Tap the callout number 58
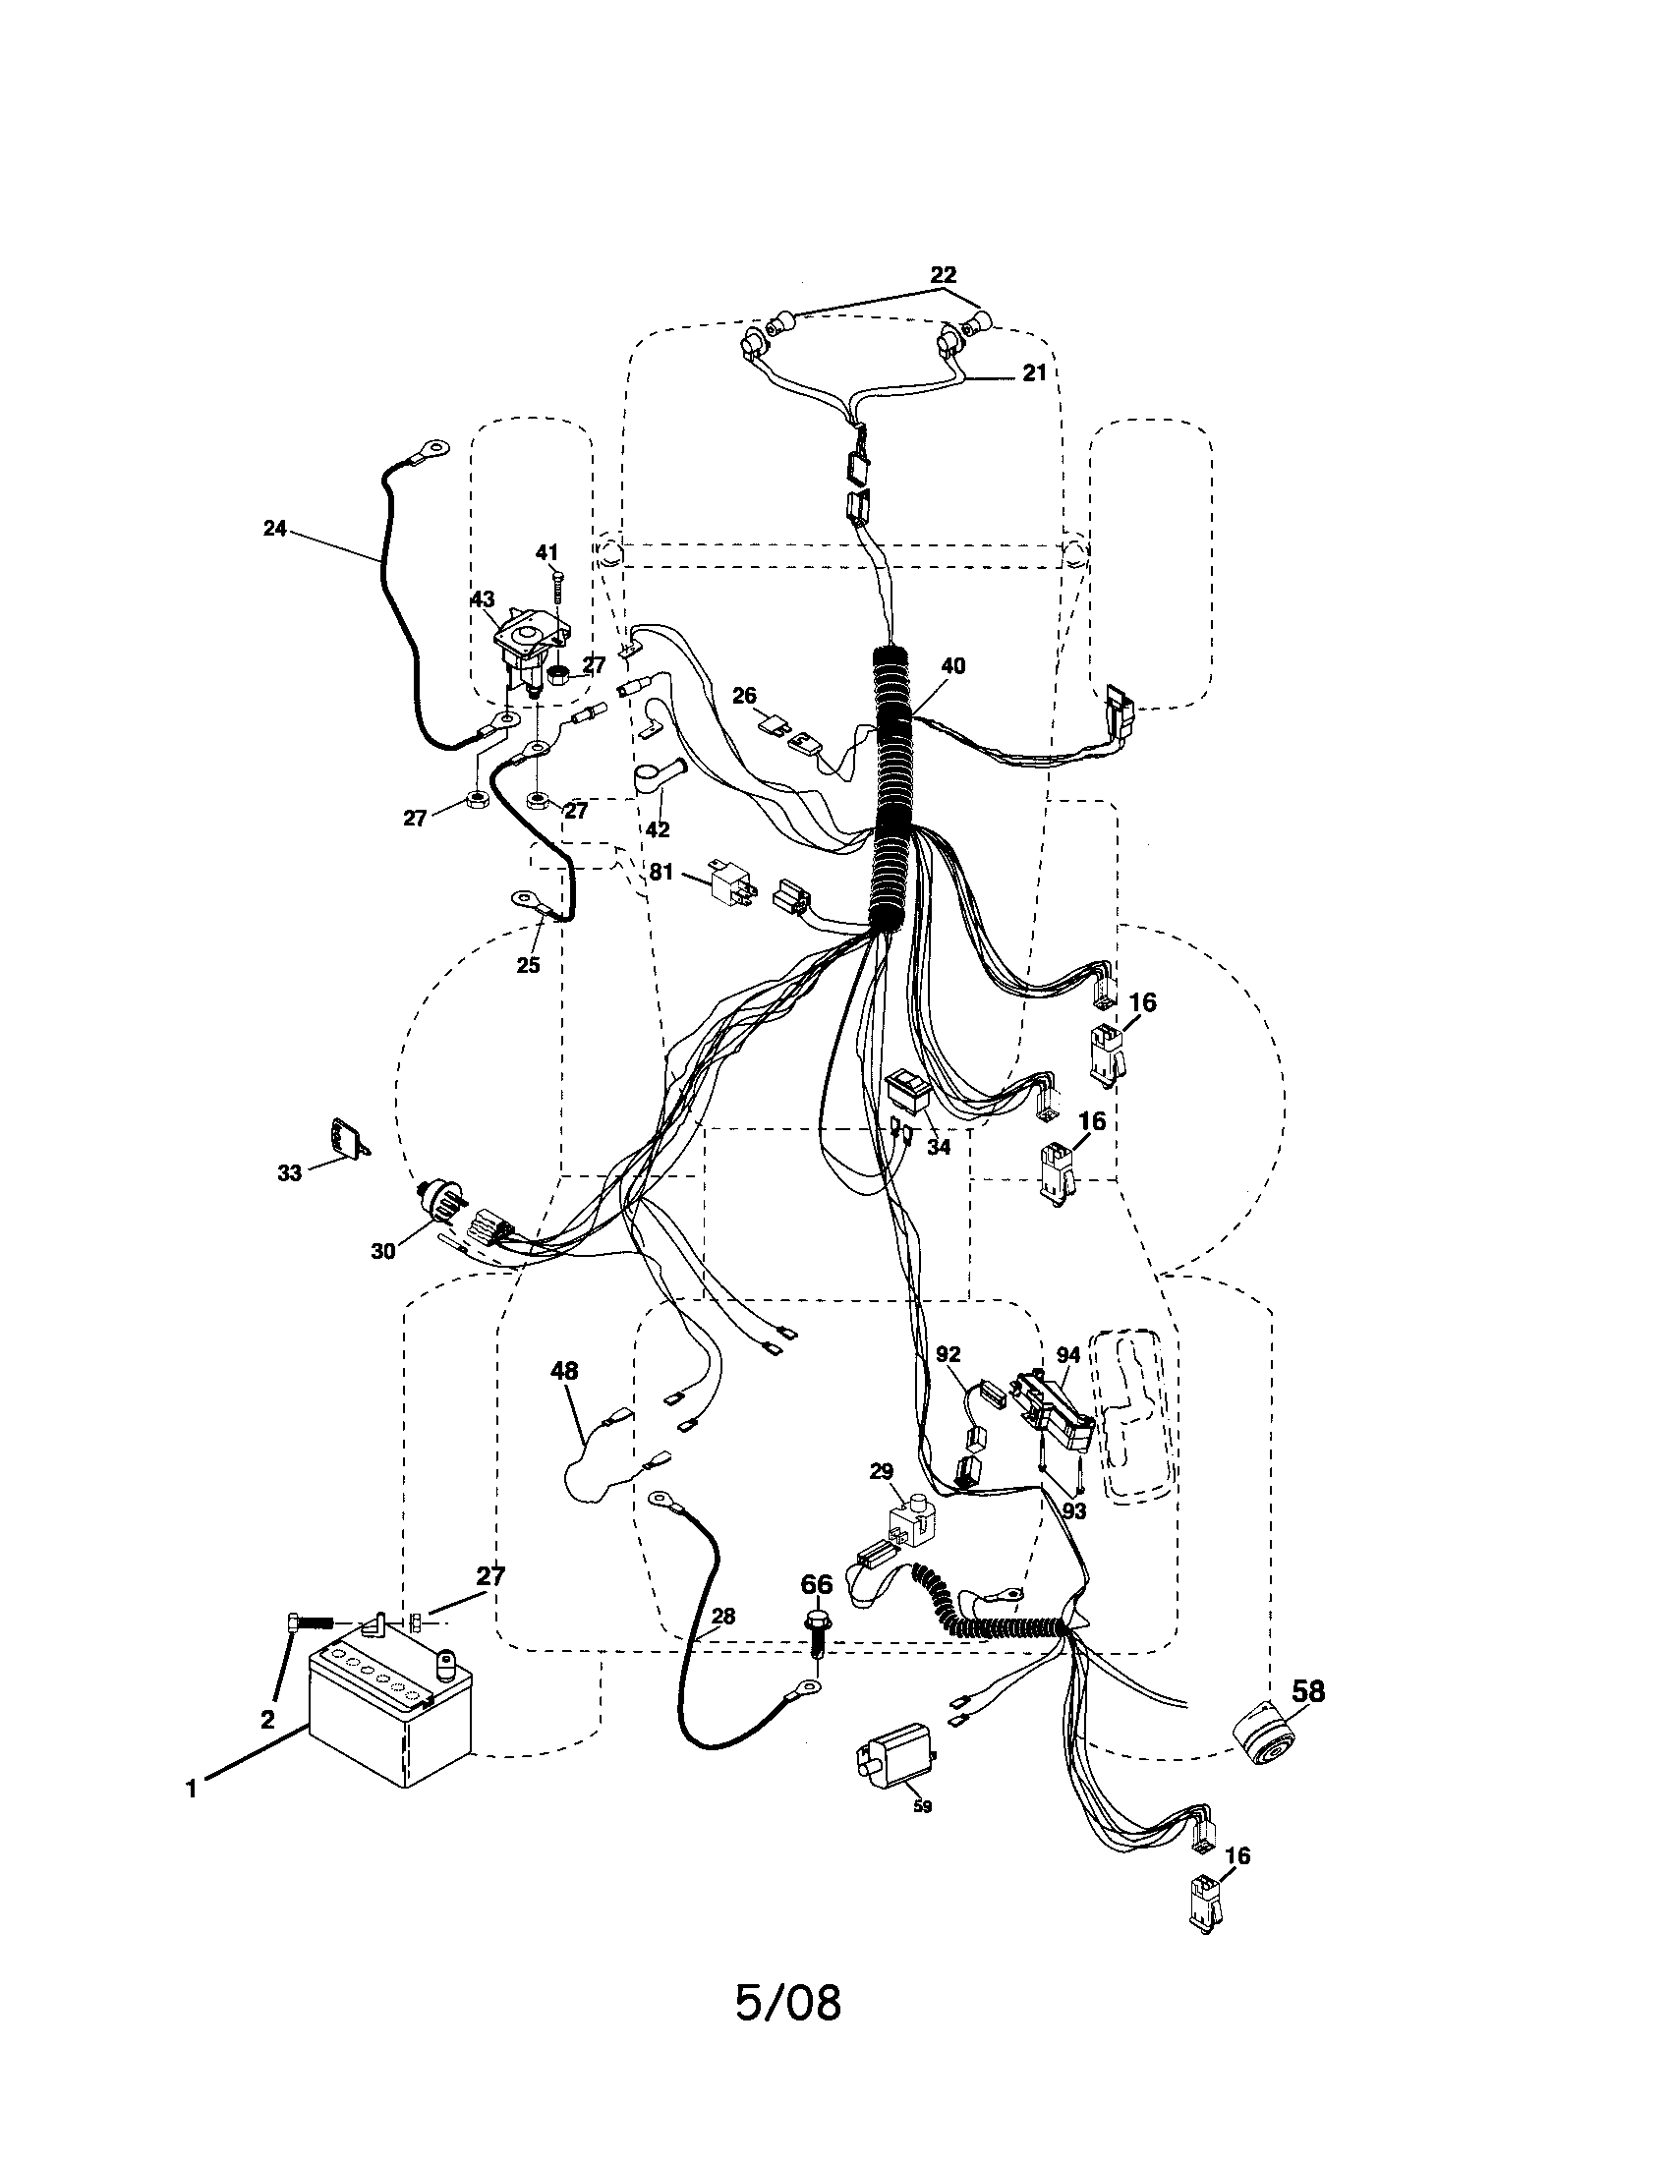point(1306,1690)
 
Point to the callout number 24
point(275,529)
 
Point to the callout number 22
point(944,273)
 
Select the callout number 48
point(564,1371)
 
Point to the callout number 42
point(658,829)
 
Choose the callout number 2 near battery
point(267,1720)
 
